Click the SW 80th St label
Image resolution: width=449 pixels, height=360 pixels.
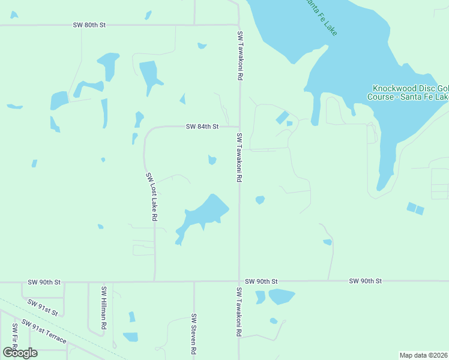(89, 25)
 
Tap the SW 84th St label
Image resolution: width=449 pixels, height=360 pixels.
(202, 127)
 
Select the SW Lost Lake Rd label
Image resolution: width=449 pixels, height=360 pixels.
(151, 197)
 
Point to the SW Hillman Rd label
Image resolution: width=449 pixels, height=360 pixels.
(104, 307)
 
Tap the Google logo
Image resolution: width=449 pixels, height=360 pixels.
(19, 352)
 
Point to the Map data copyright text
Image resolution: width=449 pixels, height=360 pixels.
(424, 355)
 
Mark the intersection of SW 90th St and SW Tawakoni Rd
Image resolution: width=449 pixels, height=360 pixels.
(239, 281)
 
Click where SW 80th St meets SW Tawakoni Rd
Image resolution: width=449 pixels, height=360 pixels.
(239, 25)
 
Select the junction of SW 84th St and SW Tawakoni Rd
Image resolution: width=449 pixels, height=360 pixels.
(239, 127)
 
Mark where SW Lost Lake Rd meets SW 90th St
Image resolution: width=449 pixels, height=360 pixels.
(155, 281)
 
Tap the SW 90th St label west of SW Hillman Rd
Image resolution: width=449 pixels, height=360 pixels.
(44, 281)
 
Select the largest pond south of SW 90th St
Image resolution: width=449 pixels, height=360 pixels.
(281, 296)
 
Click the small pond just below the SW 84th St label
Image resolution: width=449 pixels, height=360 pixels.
(212, 160)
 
